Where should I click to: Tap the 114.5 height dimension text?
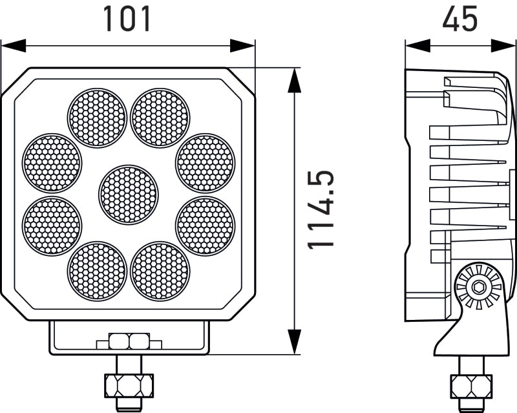tap(321, 210)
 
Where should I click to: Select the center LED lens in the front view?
tap(129, 195)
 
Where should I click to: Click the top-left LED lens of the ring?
tap(97, 118)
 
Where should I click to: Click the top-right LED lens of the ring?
tap(160, 118)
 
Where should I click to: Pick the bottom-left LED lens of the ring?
tap(97, 271)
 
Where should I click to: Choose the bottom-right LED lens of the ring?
tap(160, 271)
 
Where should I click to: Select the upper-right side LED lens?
tap(206, 163)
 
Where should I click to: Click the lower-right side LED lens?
tap(206, 226)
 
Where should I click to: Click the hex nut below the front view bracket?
tap(129, 385)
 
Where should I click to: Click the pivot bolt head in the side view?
tap(478, 287)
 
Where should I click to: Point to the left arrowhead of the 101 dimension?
tap(13, 46)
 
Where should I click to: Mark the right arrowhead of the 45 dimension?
tap(504, 46)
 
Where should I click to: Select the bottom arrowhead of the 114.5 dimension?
tap(294, 342)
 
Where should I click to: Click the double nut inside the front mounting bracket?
tap(129, 341)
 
